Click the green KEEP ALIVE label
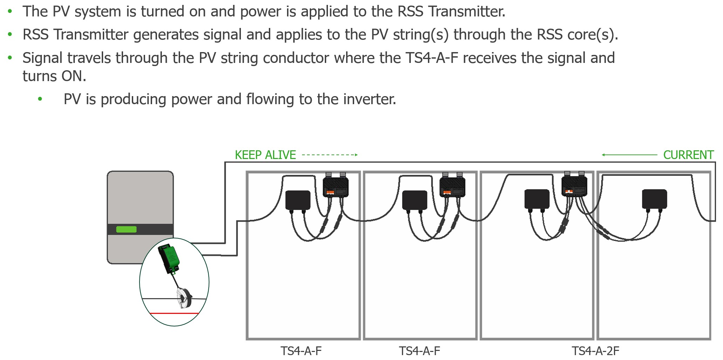tap(265, 155)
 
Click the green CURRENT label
tap(688, 155)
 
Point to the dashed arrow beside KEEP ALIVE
tap(329, 154)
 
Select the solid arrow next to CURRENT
tap(629, 154)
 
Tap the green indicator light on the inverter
tap(126, 229)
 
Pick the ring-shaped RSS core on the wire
tap(184, 298)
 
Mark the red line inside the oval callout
tap(174, 314)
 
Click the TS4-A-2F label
tap(595, 351)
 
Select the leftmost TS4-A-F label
tap(301, 351)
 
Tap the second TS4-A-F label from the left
tap(420, 351)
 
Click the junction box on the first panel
tap(298, 200)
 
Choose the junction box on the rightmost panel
tap(654, 199)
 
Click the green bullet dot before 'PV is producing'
tap(40, 99)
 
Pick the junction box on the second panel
tap(415, 200)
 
